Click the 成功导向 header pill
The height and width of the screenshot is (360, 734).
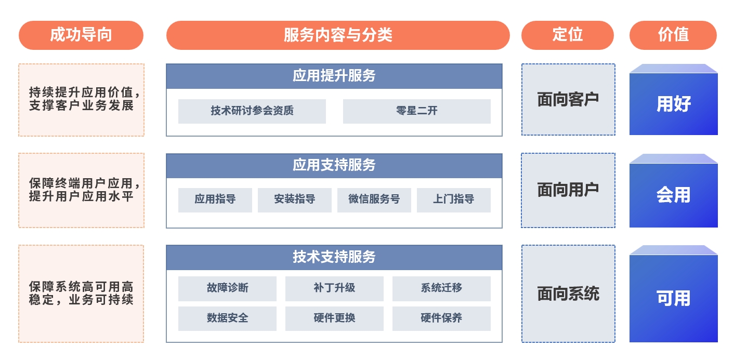81,35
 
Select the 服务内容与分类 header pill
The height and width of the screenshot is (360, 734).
338,35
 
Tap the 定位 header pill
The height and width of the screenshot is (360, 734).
568,35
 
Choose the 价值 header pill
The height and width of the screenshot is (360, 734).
673,35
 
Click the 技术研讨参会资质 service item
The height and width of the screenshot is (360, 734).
252,111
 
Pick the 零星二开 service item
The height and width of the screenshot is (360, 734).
417,111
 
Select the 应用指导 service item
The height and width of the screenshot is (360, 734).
215,200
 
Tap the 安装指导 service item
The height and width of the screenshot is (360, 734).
295,200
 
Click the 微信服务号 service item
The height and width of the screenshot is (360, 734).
374,200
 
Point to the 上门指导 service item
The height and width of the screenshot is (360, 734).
454,200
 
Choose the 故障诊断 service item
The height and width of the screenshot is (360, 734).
227,289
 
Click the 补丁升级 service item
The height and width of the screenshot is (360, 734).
334,289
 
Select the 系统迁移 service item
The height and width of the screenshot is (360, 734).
441,289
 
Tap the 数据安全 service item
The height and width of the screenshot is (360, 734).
227,318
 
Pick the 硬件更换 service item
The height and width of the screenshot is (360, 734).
334,318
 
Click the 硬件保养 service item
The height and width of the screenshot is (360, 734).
441,318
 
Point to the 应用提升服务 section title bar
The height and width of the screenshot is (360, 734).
334,76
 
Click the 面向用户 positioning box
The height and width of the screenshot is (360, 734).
568,190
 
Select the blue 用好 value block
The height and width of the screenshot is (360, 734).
674,100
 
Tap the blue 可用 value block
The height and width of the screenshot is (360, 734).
674,294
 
